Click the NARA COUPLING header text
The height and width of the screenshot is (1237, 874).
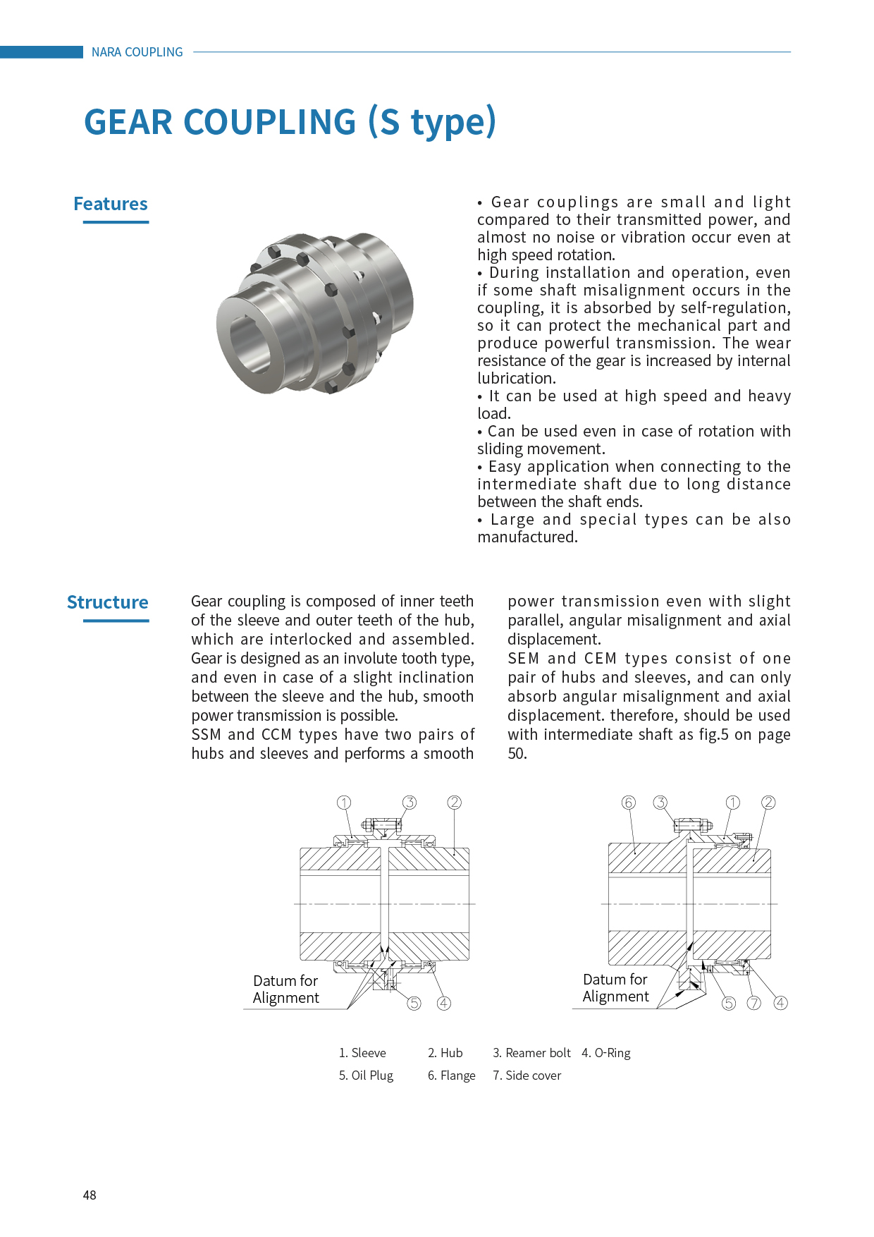pyautogui.click(x=137, y=52)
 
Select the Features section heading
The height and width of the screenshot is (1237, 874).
pyautogui.click(x=111, y=205)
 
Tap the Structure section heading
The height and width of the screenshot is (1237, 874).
pyautogui.click(x=108, y=603)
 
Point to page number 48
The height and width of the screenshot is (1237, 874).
pyautogui.click(x=90, y=1195)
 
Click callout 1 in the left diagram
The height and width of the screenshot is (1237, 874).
pyautogui.click(x=344, y=803)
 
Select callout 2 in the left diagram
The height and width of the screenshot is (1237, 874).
pyautogui.click(x=455, y=803)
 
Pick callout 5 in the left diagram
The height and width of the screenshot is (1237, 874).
pyautogui.click(x=414, y=1003)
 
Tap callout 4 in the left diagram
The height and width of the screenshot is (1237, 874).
pyautogui.click(x=444, y=1003)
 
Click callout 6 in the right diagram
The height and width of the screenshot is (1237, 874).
pyautogui.click(x=629, y=803)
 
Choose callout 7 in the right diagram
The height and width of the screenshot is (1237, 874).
pyautogui.click(x=754, y=1003)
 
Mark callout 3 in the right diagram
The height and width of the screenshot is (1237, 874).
pyautogui.click(x=660, y=803)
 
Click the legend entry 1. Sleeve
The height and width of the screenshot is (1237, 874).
pyautogui.click(x=362, y=1053)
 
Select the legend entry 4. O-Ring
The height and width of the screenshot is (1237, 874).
pyautogui.click(x=606, y=1053)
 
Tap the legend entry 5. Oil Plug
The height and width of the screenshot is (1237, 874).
pyautogui.click(x=366, y=1075)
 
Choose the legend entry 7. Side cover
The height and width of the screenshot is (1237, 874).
pyautogui.click(x=527, y=1075)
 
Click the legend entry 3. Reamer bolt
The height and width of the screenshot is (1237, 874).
pyautogui.click(x=531, y=1053)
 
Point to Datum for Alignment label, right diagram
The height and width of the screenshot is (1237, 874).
pyautogui.click(x=615, y=988)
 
